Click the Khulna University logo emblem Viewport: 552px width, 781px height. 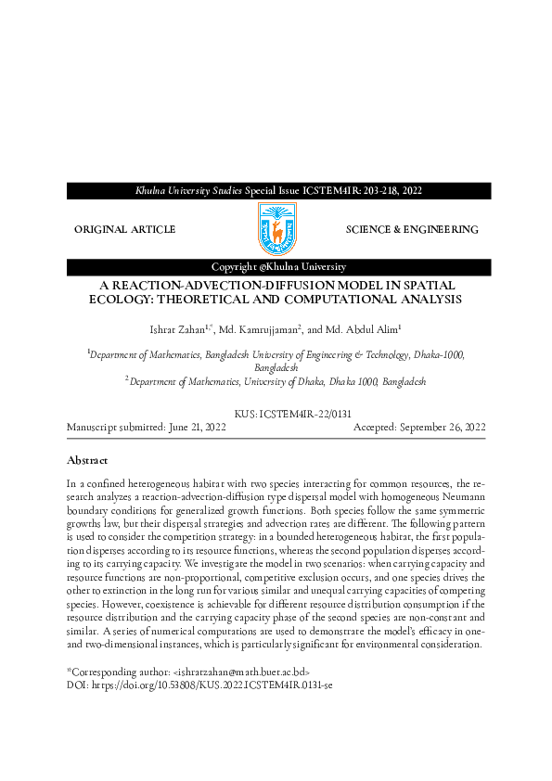[276, 229]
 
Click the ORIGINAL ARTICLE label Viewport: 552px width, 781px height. [124, 229]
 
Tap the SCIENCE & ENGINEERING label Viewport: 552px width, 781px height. [412, 229]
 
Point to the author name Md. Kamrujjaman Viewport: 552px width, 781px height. [262, 329]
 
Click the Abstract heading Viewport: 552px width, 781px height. [87, 460]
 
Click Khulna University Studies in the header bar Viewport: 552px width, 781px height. [188, 190]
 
